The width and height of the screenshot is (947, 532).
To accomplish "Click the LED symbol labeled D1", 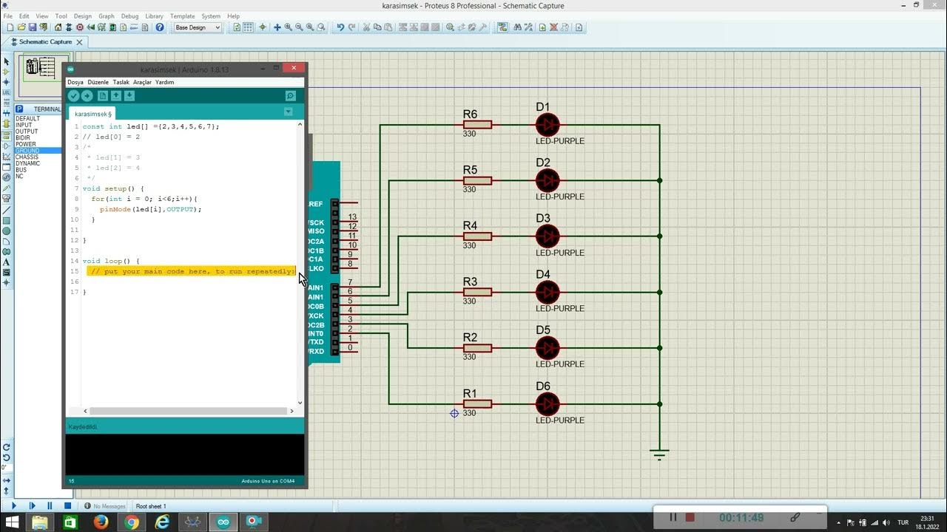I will [x=547, y=124].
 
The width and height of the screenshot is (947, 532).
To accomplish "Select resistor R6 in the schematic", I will [x=477, y=125].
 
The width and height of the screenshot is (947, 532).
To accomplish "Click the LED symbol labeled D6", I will [x=547, y=403].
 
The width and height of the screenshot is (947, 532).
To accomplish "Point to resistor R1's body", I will [x=477, y=404].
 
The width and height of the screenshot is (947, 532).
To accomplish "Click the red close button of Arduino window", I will [x=294, y=68].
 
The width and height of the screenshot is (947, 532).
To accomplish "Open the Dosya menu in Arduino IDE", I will [x=75, y=82].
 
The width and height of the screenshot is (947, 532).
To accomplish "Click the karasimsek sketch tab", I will [x=92, y=114].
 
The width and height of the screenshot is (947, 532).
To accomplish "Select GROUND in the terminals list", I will [x=27, y=151].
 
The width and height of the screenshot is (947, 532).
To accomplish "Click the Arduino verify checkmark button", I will [x=74, y=96].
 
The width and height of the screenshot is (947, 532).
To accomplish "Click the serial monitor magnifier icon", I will [x=290, y=96].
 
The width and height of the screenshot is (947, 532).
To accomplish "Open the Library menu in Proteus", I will [x=154, y=16].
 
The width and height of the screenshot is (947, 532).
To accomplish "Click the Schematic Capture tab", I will [x=44, y=42].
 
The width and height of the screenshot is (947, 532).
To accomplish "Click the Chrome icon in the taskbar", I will [x=132, y=522].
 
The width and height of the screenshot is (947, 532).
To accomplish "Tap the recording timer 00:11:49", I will [x=741, y=518].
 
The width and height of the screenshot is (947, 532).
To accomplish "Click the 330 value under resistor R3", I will [x=469, y=301].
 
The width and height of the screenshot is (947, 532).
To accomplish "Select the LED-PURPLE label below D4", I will [x=560, y=308].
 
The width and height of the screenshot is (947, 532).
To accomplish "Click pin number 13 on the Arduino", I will [x=352, y=217].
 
